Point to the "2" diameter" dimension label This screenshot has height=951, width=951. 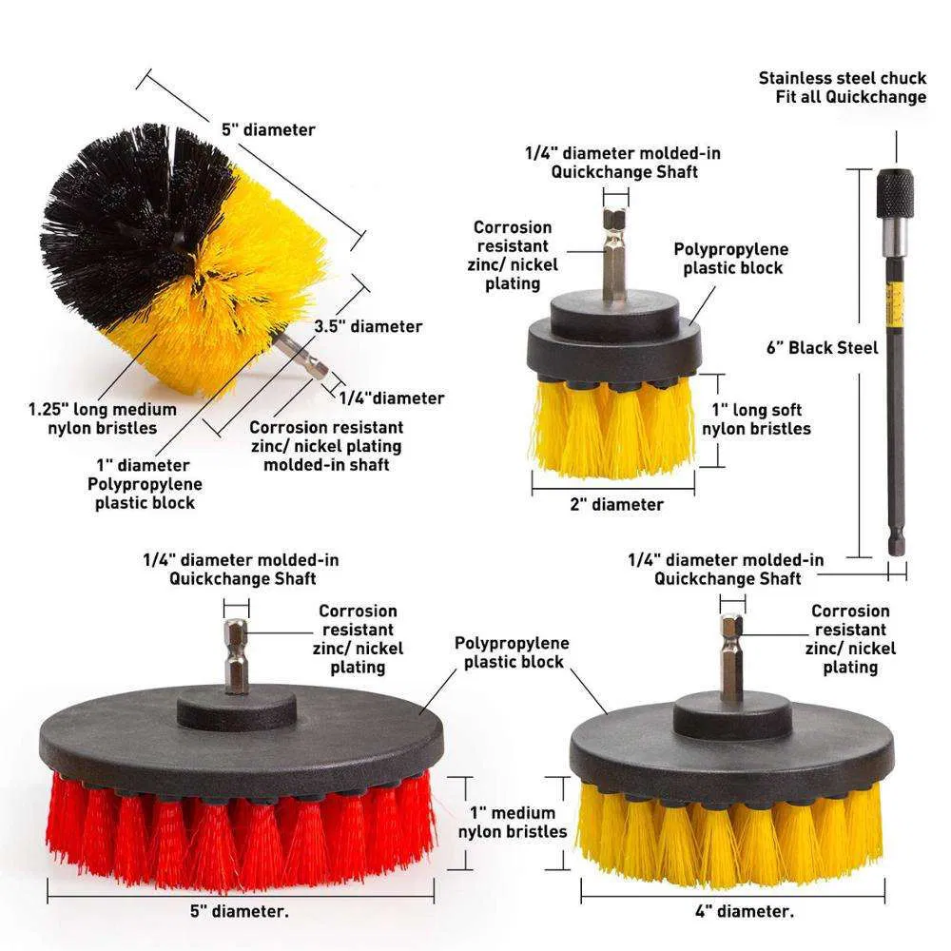pyautogui.click(x=616, y=504)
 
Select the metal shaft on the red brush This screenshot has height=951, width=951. pyautogui.click(x=236, y=656)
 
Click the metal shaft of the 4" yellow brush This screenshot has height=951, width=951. pyautogui.click(x=731, y=657)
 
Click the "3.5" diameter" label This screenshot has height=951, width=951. pyautogui.click(x=368, y=326)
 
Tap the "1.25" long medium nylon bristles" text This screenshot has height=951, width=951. pyautogui.click(x=102, y=418)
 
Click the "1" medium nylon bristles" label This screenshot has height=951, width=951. pyautogui.click(x=518, y=823)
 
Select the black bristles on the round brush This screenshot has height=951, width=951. pyautogui.click(x=124, y=219)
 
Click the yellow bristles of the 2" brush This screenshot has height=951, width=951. pyautogui.click(x=613, y=428)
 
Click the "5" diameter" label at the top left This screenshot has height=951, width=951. pyautogui.click(x=268, y=129)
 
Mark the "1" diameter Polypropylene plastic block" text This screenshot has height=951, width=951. pyautogui.click(x=145, y=484)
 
